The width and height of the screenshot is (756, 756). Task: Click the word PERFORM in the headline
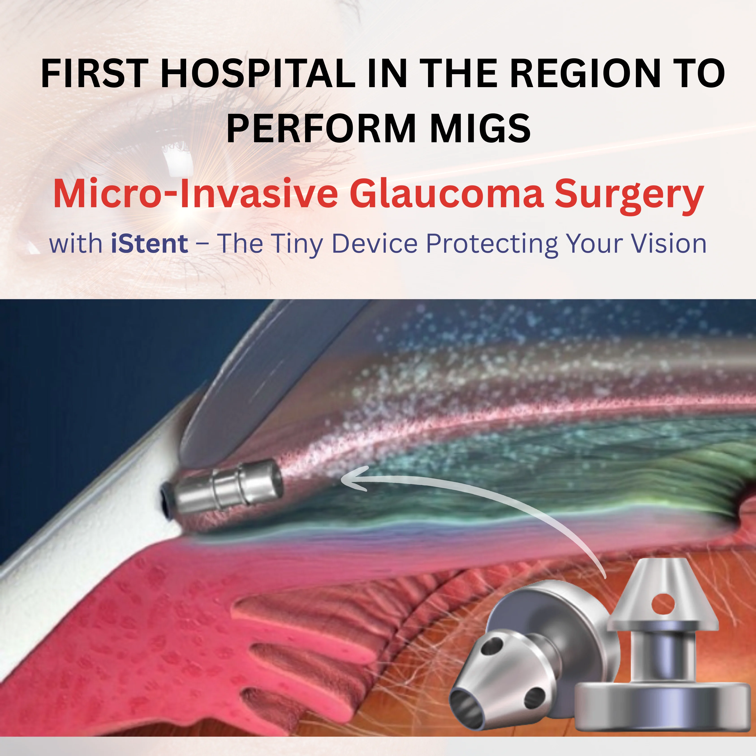[x=321, y=128]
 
